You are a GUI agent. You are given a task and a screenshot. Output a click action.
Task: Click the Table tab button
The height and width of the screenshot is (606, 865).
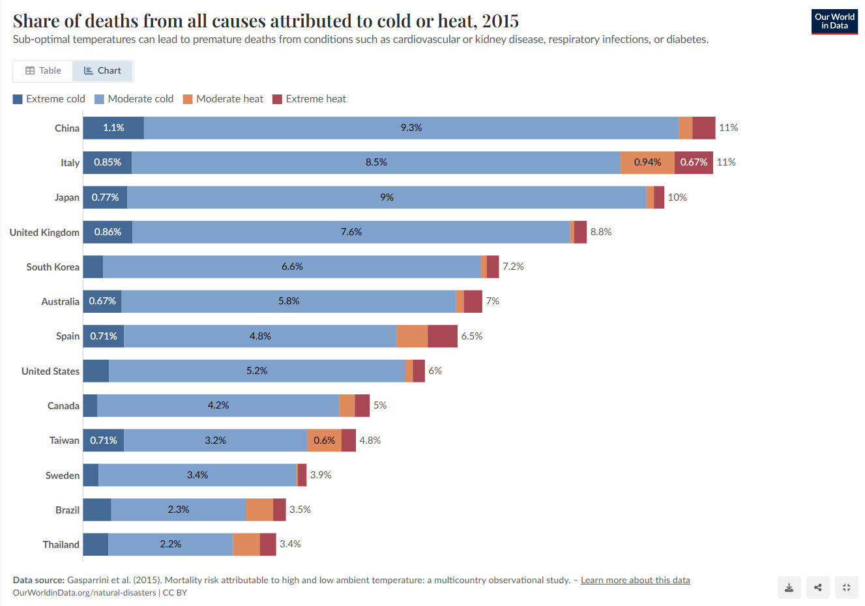(43, 71)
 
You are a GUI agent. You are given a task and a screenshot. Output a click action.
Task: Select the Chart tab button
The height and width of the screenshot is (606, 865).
(103, 71)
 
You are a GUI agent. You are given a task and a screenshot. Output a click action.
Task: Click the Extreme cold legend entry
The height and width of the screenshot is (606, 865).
(49, 99)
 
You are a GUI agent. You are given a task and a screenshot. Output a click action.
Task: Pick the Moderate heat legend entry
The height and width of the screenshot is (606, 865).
(223, 99)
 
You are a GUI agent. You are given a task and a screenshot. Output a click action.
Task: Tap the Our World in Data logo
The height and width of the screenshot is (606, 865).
(834, 22)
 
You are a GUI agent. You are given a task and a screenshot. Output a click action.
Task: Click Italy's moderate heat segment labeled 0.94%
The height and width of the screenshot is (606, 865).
(647, 162)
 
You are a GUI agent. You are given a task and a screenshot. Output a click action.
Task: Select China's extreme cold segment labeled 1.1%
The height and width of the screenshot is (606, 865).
(113, 128)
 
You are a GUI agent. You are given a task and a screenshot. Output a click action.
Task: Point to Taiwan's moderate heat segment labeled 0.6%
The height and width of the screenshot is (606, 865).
(324, 440)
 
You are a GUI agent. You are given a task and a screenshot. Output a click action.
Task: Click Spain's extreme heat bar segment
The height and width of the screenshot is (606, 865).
(443, 336)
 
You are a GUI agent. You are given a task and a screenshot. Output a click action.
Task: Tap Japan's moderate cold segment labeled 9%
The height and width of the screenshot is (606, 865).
(387, 197)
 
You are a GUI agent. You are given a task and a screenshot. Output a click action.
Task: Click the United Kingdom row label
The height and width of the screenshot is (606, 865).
(44, 233)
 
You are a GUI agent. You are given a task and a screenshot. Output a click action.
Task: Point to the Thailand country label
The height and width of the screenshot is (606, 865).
(61, 545)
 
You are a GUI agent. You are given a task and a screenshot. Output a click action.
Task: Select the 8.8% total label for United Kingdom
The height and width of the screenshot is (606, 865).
(601, 232)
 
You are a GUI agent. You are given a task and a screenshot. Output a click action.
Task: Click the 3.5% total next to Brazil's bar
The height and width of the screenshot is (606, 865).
(300, 510)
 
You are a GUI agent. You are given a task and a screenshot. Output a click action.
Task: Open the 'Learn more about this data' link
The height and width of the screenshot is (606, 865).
(635, 580)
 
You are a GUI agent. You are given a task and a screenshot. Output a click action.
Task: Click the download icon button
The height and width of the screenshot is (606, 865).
(789, 587)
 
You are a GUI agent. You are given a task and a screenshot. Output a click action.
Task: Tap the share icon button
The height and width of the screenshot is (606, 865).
(817, 587)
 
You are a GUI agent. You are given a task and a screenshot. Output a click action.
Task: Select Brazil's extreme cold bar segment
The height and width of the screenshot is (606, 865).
(97, 510)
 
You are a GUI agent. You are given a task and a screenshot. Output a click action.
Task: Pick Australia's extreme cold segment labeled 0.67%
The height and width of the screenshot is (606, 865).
(102, 301)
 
